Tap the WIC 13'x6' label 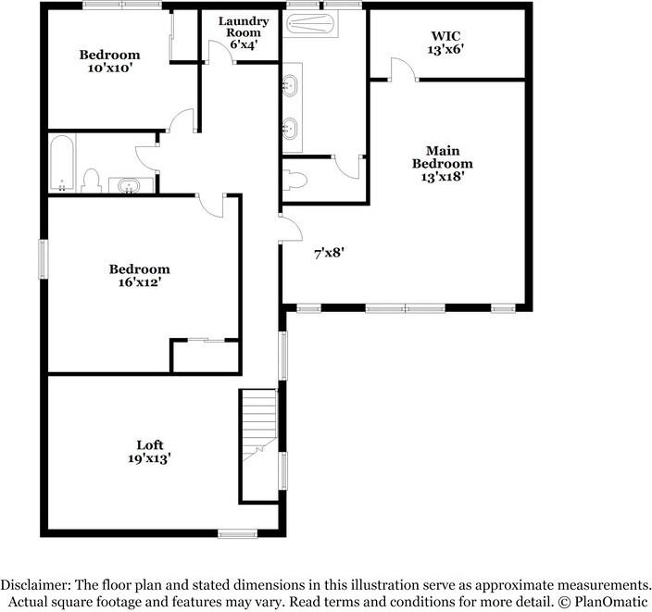438,43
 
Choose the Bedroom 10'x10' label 109,61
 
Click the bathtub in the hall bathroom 62,164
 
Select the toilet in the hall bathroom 91,179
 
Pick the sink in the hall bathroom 130,186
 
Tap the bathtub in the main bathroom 310,22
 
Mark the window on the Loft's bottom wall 237,532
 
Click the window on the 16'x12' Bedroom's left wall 42,258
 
